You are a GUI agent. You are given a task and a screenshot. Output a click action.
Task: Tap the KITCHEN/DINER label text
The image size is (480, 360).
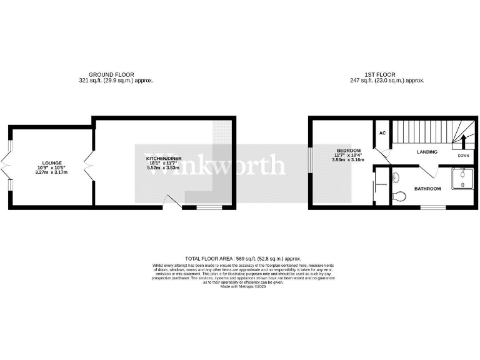coord(163,159)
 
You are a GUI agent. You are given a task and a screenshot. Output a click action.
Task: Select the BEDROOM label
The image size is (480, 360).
coord(349,151)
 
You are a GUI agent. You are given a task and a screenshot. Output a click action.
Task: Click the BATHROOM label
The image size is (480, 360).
coord(428,189)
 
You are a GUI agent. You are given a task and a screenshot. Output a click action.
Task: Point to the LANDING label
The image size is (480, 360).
coord(427,152)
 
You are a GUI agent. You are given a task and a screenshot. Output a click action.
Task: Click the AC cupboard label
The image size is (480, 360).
coord(382,132)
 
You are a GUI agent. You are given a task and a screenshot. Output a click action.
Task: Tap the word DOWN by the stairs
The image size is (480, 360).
coord(463,155)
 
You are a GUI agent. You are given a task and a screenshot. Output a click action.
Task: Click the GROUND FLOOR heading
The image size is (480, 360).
coord(111,74)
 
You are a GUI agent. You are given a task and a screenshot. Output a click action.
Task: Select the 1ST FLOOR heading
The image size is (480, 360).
coord(387,74)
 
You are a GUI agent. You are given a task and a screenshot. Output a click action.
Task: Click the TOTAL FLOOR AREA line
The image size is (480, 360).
coord(243,258)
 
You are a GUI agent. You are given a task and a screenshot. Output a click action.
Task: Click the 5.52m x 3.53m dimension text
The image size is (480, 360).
coord(163,168)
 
